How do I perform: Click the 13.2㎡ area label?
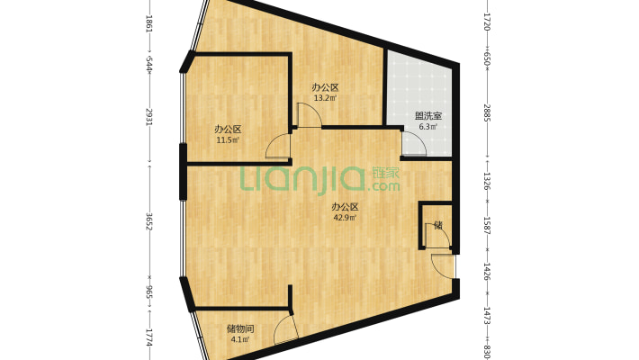pyautogui.click(x=325, y=98)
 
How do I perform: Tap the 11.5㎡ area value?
pyautogui.click(x=228, y=140)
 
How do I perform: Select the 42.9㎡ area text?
pyautogui.click(x=345, y=217)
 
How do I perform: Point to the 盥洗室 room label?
pyautogui.click(x=427, y=116)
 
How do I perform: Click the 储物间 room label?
pyautogui.click(x=240, y=328)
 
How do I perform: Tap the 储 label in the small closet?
pyautogui.click(x=438, y=225)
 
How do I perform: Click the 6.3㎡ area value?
pyautogui.click(x=427, y=126)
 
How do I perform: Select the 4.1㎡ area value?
pyautogui.click(x=240, y=338)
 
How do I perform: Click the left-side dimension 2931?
pyautogui.click(x=149, y=118)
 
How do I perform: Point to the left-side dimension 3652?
pyautogui.click(x=149, y=221)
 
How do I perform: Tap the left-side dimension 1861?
pyautogui.click(x=149, y=23)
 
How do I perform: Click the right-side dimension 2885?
pyautogui.click(x=488, y=112)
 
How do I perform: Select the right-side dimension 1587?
pyautogui.click(x=488, y=225)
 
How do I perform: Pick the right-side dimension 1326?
pyautogui.click(x=488, y=181)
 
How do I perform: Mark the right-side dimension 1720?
pyautogui.click(x=488, y=22)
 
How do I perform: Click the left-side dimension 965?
pyautogui.click(x=149, y=292)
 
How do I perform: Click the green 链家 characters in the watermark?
pyautogui.click(x=386, y=173)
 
